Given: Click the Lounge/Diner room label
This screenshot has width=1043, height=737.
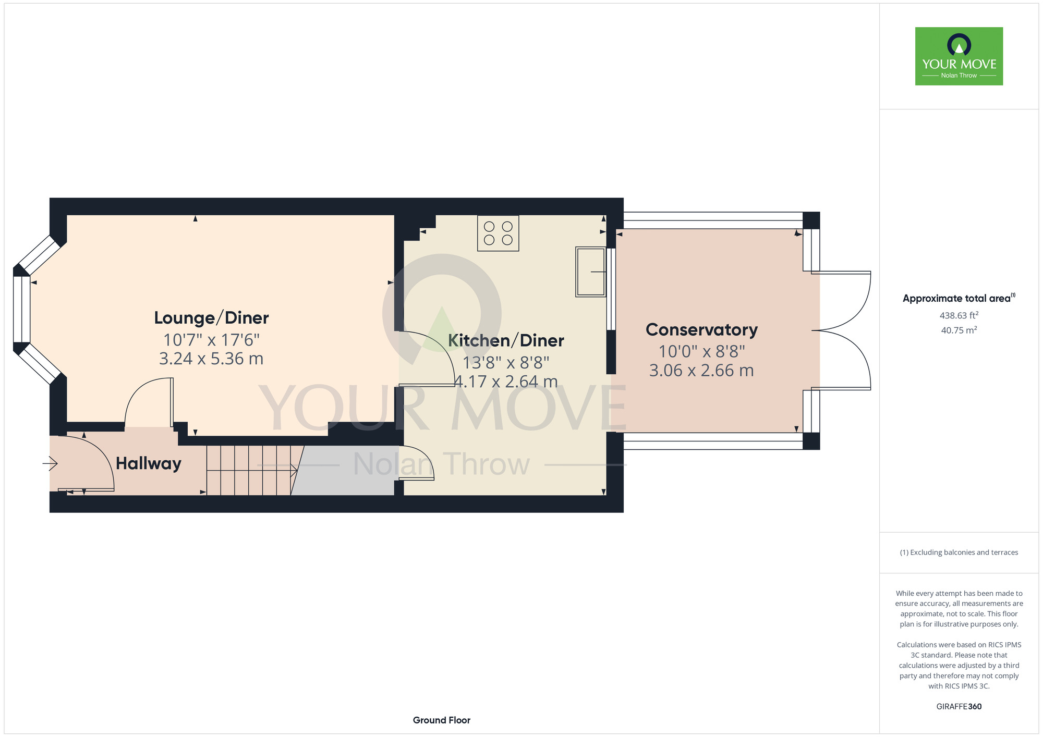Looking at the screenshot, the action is pos(211,318).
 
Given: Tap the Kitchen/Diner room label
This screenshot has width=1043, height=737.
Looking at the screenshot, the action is pos(506,341).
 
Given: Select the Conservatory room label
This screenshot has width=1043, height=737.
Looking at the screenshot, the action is pos(701,330).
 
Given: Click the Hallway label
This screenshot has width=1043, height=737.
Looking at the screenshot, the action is pos(149,463).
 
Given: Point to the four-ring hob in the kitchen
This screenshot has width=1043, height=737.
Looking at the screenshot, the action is pos(498,233).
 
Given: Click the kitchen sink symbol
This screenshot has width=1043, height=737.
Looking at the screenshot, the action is pos(591,272).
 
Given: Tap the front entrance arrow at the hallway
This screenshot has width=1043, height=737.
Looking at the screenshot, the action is pos(50,462).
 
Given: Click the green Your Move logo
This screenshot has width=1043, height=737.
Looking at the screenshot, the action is pos(959,56).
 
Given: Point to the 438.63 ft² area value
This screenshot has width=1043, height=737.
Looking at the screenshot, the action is pos(959,315).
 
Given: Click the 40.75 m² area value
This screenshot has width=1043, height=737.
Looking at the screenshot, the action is pos(959,330).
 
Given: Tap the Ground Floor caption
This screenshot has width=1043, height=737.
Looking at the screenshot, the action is pos(442,720).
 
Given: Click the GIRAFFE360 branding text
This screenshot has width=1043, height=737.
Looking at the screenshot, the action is pos(959,707).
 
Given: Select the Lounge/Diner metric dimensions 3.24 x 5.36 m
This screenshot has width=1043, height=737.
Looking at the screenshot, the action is pos(211,359).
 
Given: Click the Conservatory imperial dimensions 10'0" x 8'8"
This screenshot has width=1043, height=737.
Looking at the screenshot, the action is pos(701,352).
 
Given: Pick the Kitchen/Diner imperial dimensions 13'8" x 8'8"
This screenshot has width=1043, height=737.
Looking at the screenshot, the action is pos(506,363).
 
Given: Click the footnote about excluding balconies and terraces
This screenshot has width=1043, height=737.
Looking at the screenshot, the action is pos(959,552).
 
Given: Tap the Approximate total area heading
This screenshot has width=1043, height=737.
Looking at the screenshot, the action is pos(959,298).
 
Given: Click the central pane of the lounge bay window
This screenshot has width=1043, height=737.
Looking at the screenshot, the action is pos(21,309).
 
